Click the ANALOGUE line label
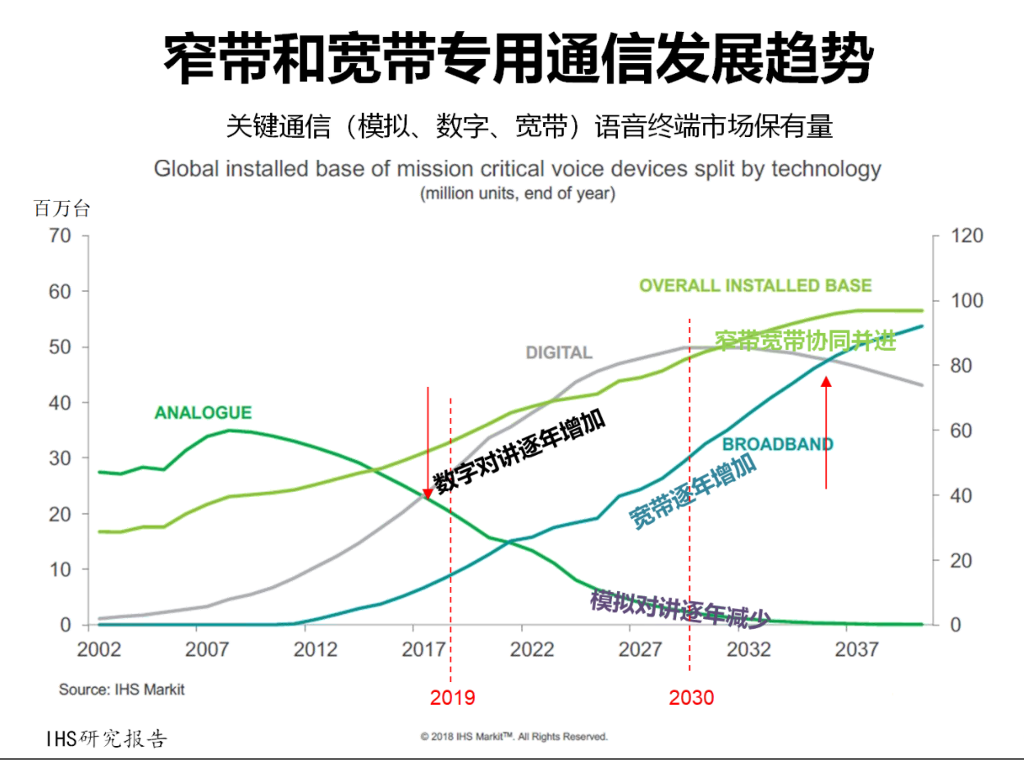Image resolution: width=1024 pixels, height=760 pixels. click(203, 413)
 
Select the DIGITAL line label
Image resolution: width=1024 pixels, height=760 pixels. click(559, 353)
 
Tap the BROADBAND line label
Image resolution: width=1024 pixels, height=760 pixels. click(777, 444)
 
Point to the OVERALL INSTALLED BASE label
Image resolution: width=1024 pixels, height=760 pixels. click(755, 286)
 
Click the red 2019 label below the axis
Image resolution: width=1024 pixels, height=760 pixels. click(452, 698)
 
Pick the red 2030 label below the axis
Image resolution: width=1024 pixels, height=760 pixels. click(691, 698)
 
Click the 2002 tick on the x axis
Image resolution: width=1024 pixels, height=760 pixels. click(98, 650)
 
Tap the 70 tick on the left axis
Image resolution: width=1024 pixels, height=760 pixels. click(61, 236)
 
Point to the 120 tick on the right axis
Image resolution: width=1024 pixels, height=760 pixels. click(966, 236)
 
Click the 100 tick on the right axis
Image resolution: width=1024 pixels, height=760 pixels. click(966, 301)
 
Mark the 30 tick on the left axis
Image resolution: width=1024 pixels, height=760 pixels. click(61, 458)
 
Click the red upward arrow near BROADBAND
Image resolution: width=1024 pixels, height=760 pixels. click(826, 432)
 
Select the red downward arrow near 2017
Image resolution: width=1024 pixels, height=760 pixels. click(427, 443)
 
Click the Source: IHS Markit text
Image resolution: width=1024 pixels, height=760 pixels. click(121, 689)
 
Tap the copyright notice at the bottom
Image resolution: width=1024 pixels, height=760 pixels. click(514, 736)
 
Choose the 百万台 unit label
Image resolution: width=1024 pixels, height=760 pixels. click(62, 208)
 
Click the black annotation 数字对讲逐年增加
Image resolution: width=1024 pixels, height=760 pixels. click(519, 453)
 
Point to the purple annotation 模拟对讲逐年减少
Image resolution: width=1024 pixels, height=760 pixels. click(679, 608)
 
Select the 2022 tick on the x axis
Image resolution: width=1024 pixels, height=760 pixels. click(532, 650)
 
